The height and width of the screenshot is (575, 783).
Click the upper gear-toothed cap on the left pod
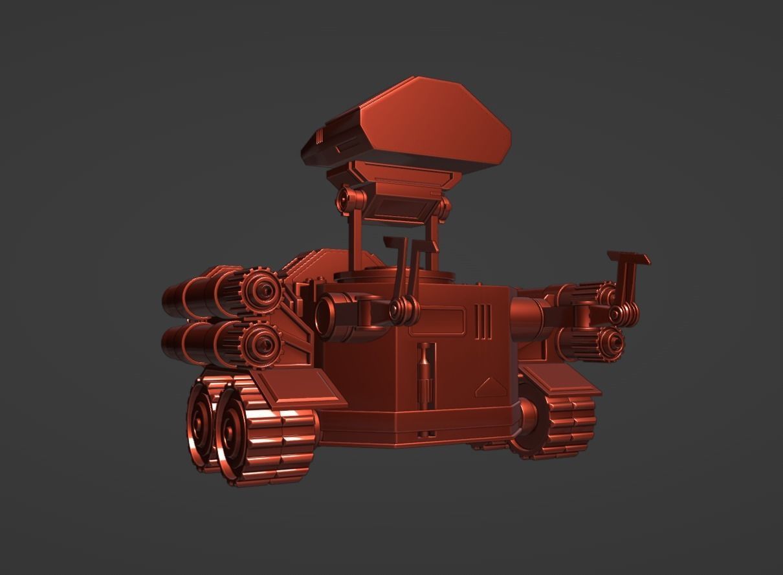(x=261, y=291)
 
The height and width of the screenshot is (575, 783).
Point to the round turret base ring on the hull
(x=395, y=277)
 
